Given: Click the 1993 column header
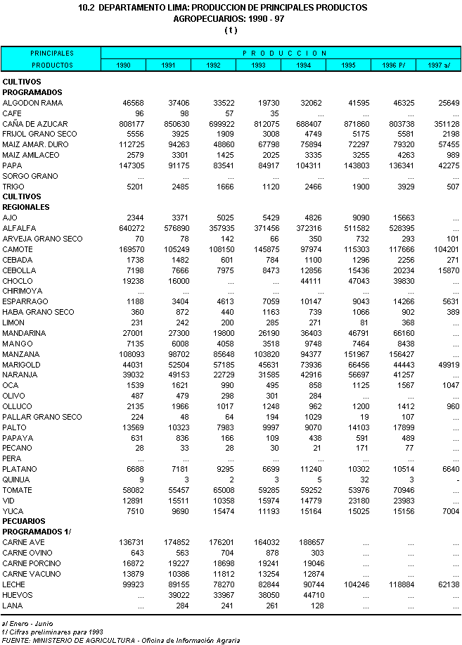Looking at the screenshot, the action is [258, 65].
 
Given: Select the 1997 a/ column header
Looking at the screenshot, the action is [439, 65].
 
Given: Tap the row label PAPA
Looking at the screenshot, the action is [13, 165].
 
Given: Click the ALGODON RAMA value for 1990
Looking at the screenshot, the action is [133, 103].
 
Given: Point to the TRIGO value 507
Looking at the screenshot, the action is [453, 187].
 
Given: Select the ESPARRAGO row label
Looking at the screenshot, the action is [25, 301].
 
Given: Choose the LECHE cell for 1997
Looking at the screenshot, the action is [449, 584].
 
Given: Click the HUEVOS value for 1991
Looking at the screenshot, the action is [178, 595].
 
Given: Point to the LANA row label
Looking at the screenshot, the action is [13, 606].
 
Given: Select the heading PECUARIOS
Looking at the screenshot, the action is [24, 521].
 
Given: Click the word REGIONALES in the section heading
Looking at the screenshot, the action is [26, 207].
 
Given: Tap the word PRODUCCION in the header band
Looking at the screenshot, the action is [285, 53].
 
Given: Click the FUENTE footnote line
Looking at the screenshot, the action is [121, 641].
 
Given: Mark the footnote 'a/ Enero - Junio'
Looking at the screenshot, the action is [27, 624].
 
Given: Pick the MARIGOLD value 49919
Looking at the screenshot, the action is [449, 365].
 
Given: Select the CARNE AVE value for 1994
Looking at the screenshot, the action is [311, 543].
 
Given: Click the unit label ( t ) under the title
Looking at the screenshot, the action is [231, 30].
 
